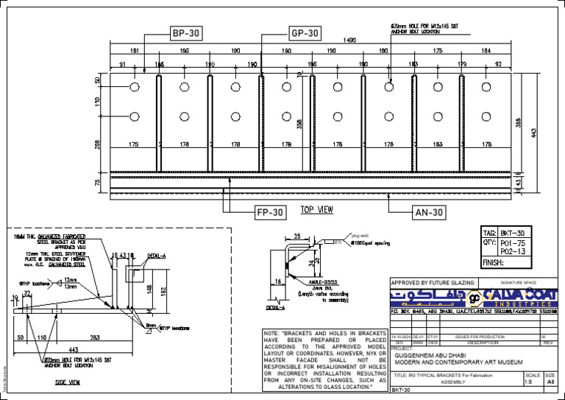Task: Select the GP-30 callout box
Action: (x=303, y=33)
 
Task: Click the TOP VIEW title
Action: (x=317, y=210)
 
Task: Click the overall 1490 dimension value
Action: (x=349, y=40)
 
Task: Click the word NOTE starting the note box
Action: (x=274, y=334)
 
